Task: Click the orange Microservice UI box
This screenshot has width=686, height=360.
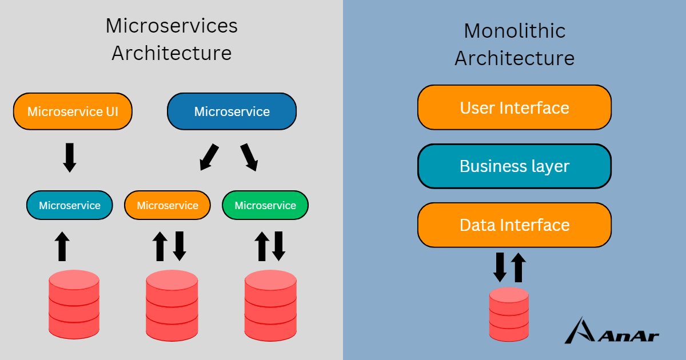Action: coord(73,111)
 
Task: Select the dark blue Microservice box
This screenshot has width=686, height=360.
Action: coord(232,111)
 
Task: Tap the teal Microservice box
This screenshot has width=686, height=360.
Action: coord(70,205)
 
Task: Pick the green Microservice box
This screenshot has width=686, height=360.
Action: coord(265,205)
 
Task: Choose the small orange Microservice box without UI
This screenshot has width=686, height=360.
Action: coord(167,205)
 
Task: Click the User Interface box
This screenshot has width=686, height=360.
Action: coord(514,107)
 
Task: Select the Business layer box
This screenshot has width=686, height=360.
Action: coord(514,166)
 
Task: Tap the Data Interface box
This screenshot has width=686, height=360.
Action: coord(514,225)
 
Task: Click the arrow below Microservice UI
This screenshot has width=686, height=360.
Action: coord(70,158)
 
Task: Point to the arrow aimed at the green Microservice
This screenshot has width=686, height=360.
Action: coord(249,157)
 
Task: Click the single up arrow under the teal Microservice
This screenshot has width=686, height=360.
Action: coord(62,246)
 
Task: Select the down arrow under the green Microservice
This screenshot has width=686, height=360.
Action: coord(279,246)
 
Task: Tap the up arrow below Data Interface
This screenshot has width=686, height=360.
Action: coord(519,267)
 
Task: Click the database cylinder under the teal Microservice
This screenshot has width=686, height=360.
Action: coord(74,304)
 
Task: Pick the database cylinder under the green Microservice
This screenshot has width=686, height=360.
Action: coord(270,306)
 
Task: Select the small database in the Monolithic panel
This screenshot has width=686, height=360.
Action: coord(509,314)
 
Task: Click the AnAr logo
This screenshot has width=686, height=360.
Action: coord(612,330)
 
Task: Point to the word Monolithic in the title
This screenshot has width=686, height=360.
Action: coord(514,31)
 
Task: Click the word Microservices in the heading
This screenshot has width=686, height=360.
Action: coord(171,26)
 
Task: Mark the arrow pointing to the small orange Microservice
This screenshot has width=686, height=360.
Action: coord(209,157)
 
